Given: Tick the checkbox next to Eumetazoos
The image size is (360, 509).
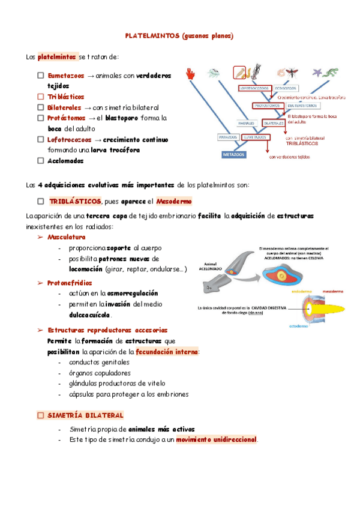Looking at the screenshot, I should coord(40,76).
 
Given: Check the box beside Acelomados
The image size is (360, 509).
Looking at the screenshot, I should coord(40,160).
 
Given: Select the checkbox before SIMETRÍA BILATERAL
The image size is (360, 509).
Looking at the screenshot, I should coord(40,415).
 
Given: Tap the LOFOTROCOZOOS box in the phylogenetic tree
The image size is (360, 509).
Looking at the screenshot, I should coord(256,88).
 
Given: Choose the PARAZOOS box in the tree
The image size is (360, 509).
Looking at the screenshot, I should coord(227,137).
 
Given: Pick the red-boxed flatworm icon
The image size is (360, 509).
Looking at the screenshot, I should coord(239,73).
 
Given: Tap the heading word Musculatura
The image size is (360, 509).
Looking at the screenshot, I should coord(66,238).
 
